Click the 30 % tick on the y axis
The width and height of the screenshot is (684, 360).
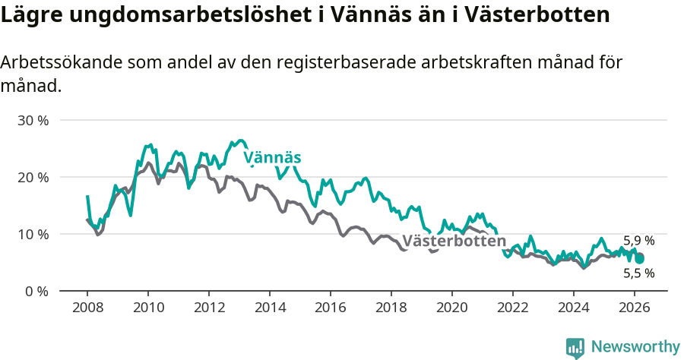point(33,121)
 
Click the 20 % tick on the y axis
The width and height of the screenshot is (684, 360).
point(33,177)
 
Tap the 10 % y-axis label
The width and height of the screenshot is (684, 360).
point(33,234)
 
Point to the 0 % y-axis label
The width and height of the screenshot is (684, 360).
point(36,291)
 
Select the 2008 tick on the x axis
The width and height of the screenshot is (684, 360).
point(87,308)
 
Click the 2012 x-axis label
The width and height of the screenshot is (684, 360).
point(209,308)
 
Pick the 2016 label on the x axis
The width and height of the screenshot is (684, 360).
point(331,308)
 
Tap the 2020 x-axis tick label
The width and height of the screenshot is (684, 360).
point(452,308)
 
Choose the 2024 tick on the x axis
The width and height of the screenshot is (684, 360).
point(574,308)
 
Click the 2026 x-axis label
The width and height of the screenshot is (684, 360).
point(635,308)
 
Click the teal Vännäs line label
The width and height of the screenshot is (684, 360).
point(272,158)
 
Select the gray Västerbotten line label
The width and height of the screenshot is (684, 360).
point(454,242)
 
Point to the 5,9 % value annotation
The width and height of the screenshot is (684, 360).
point(638,241)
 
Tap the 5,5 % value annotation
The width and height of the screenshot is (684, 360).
point(638,273)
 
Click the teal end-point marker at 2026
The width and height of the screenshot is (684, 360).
point(640,259)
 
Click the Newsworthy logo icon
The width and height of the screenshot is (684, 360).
point(575,347)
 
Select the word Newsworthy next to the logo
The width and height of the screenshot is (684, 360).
point(635,347)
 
